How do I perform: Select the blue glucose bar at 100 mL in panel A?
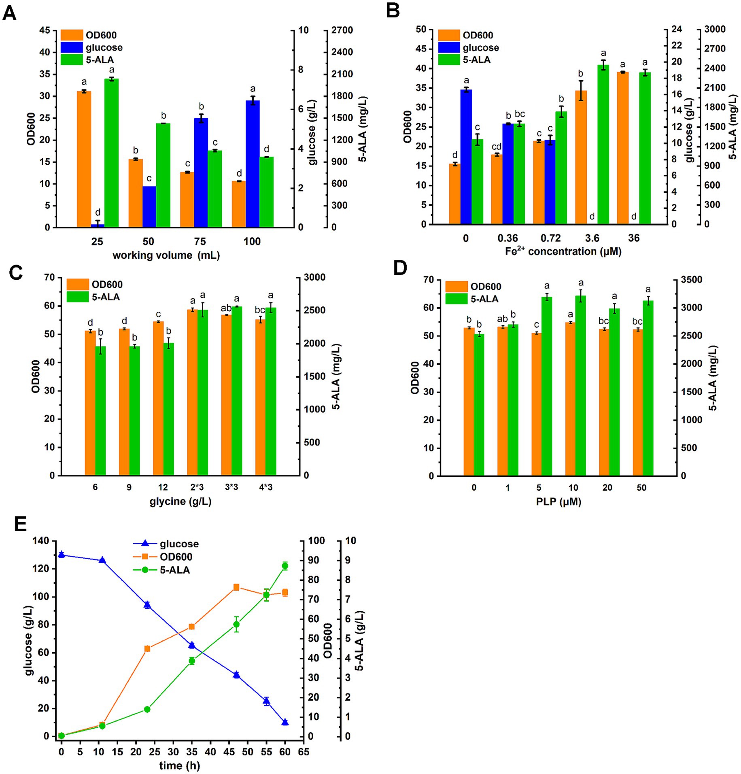(x=253, y=164)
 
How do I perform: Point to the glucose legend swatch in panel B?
(x=449, y=48)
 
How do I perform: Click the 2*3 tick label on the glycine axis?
(x=197, y=487)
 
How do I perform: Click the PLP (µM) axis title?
(x=558, y=502)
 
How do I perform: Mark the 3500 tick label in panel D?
(x=692, y=280)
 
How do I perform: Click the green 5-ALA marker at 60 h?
(x=285, y=566)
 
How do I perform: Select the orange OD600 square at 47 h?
(x=236, y=587)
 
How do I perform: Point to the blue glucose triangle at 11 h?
(x=102, y=560)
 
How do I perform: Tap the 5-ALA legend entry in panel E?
(x=174, y=570)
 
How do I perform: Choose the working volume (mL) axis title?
(x=166, y=255)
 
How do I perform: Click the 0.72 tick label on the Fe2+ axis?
(x=550, y=238)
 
